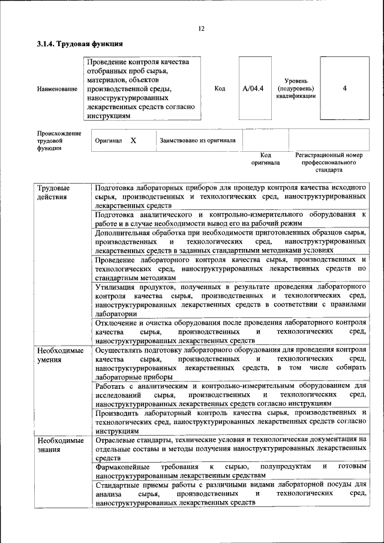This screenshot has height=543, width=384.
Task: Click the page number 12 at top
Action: point(202,28)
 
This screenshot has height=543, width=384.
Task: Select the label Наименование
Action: point(57,89)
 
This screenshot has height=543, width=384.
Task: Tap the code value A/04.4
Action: point(253,89)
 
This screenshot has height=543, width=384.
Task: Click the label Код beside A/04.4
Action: point(220,89)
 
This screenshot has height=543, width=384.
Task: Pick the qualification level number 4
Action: point(344,89)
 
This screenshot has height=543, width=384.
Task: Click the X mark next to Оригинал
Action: point(133,140)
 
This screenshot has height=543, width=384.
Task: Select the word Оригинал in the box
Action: point(109,141)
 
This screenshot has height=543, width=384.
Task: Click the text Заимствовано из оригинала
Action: point(197,141)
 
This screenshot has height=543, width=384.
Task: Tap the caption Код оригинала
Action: point(265,158)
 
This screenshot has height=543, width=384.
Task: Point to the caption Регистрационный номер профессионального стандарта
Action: point(329,162)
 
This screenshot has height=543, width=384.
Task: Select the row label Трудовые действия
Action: point(53,192)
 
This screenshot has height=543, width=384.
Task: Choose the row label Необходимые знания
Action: point(60,445)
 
